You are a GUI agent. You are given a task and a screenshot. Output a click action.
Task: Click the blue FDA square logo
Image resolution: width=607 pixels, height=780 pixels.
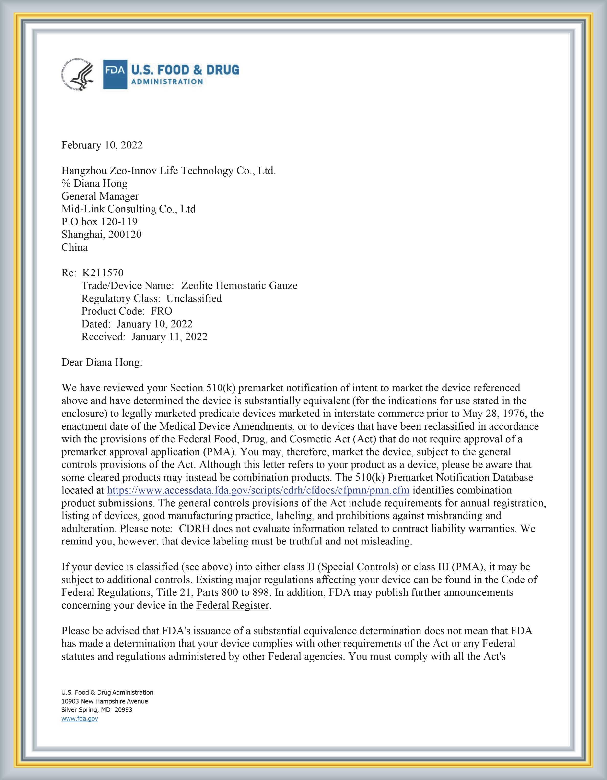115,74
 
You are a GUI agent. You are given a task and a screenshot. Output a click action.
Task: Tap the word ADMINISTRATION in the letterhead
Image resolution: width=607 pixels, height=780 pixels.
167,82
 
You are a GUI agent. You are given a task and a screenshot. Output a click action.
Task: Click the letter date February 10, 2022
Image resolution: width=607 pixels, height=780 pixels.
102,145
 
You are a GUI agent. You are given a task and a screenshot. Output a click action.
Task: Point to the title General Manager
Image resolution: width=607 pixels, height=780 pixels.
100,196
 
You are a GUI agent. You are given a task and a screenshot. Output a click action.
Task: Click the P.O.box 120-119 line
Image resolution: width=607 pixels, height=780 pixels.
99,222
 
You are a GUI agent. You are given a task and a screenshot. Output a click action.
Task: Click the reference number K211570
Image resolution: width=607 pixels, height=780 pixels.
103,273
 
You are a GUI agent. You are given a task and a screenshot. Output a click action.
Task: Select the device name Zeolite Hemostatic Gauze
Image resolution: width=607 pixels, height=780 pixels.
239,286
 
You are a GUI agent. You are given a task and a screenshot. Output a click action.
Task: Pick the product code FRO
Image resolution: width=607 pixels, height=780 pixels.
161,311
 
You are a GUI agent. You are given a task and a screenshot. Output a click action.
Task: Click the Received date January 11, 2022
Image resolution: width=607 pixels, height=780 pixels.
169,337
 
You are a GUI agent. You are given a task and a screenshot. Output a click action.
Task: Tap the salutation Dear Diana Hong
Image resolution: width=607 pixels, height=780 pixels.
102,363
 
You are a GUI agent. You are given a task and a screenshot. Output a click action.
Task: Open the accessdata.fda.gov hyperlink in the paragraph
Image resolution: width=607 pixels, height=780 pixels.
258,490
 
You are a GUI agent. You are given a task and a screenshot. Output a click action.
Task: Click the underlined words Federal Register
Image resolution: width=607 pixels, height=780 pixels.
233,605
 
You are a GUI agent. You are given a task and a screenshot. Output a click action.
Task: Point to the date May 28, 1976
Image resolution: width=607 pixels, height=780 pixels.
494,414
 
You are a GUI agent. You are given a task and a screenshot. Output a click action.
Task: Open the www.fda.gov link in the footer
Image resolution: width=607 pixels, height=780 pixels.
80,719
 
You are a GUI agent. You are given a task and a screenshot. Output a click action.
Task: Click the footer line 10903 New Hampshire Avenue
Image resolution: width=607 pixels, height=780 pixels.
105,701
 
